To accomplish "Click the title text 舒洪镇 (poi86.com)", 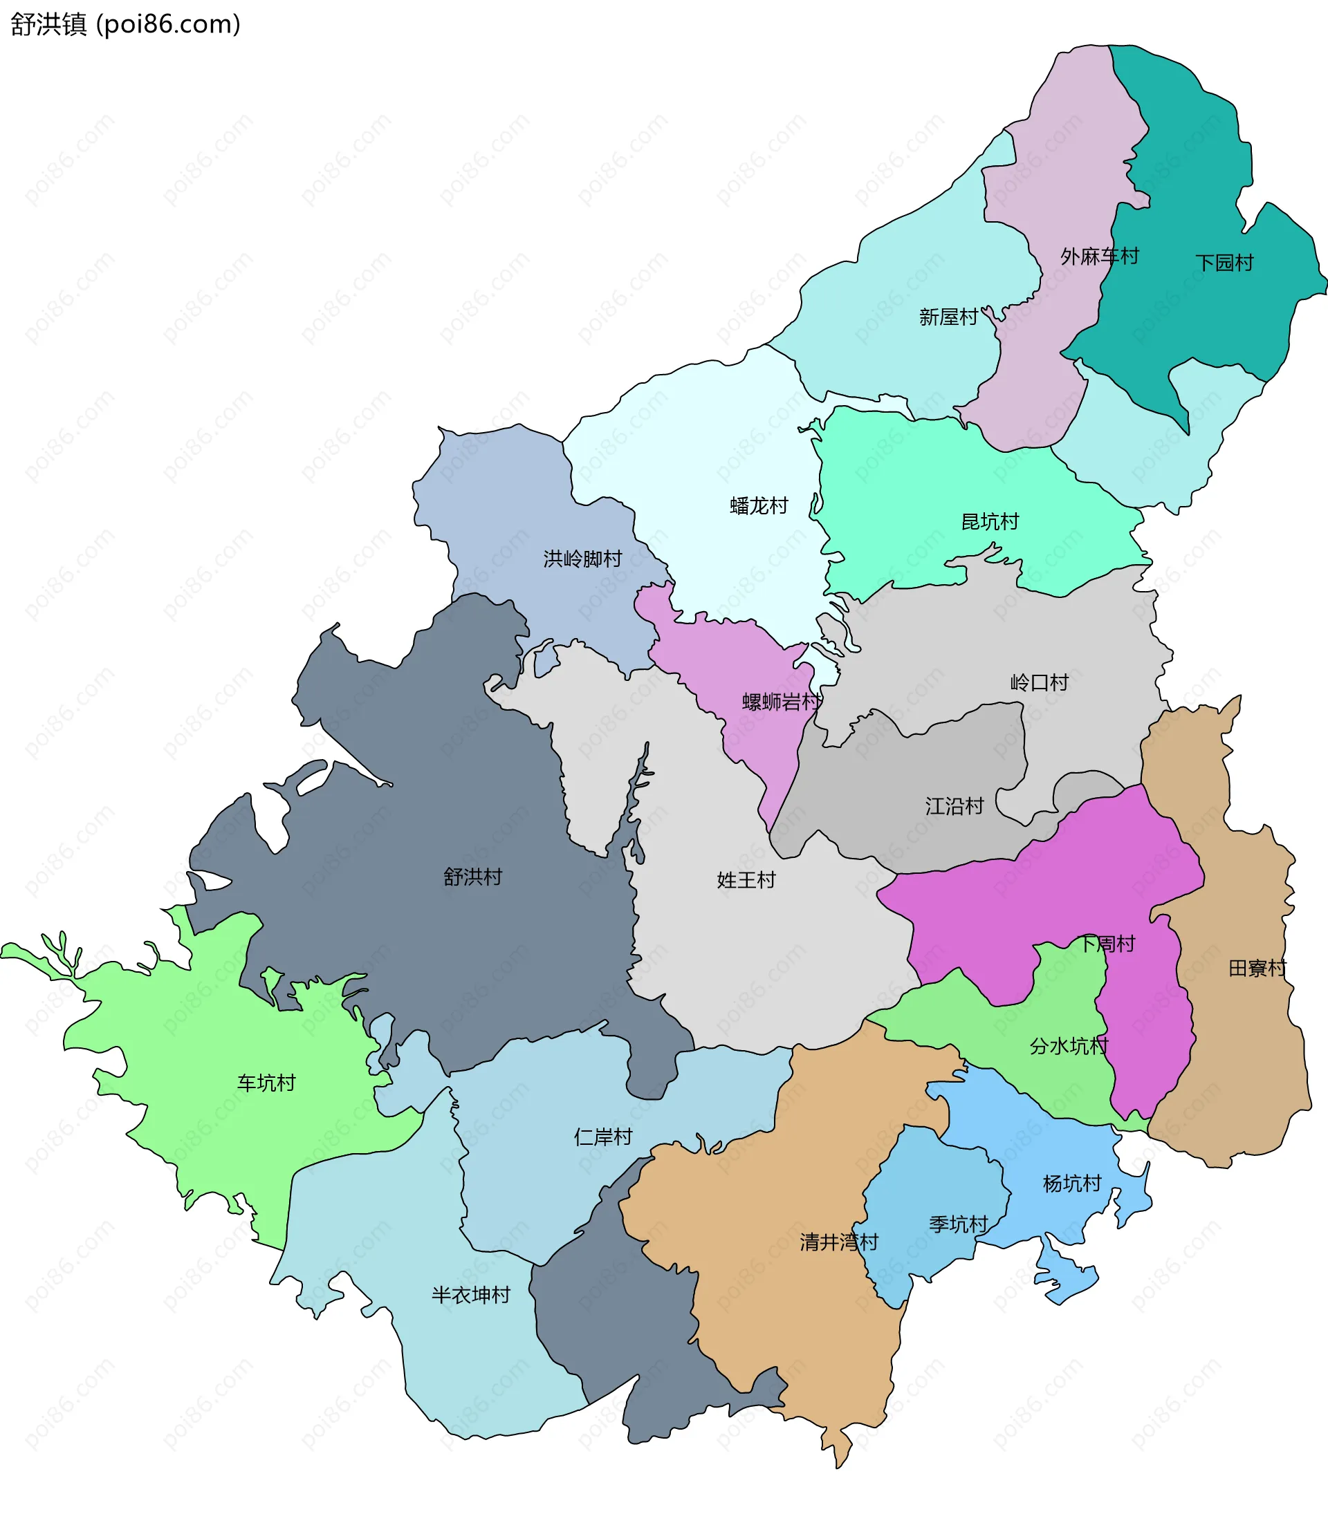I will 125,24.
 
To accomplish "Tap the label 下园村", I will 1224,263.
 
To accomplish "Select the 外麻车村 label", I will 1099,256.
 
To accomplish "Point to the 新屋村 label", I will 948,317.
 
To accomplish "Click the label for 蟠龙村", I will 759,506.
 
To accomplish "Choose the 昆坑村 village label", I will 990,521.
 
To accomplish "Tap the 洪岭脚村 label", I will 582,559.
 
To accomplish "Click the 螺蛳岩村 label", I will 782,702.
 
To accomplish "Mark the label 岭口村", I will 1040,682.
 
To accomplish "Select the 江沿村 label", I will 954,806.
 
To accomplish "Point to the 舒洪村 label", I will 473,877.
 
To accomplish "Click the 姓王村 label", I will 746,880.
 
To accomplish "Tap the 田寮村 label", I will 1257,968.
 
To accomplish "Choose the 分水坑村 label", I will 1069,1046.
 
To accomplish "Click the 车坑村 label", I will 267,1083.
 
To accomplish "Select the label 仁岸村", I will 603,1137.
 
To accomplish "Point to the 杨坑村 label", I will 1072,1184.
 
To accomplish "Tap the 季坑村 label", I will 959,1224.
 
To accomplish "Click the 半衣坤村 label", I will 471,1295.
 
